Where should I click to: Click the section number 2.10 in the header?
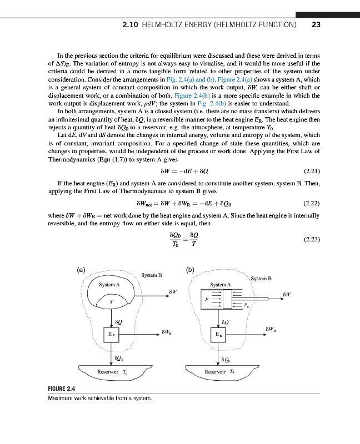[131, 25]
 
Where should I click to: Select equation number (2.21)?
[312, 171]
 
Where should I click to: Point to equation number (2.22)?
[312, 204]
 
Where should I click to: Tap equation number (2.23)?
[312, 240]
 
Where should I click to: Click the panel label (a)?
[81, 270]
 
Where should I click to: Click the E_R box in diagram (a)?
[111, 335]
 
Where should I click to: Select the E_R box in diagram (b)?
[221, 335]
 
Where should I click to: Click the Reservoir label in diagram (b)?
[216, 371]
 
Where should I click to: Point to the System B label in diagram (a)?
[151, 275]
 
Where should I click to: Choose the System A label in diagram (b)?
[220, 285]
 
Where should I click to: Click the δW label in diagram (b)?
[287, 294]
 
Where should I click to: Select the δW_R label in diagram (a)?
[166, 332]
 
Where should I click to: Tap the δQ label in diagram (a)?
[118, 320]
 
